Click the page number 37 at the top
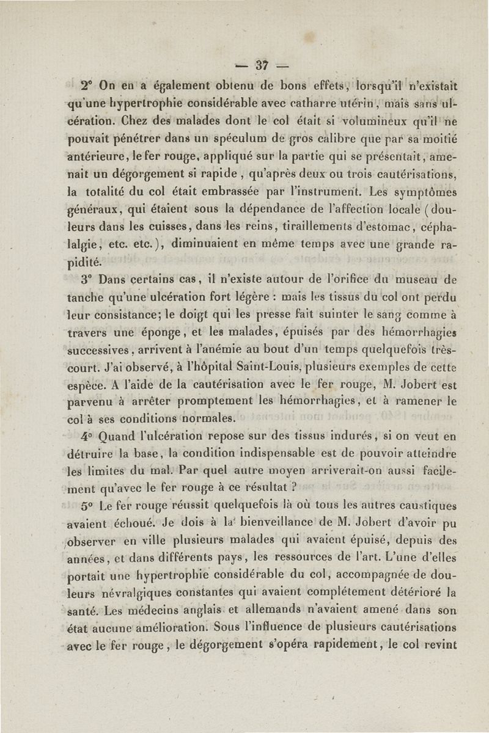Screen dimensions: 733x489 263,64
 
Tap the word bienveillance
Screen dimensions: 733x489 212,523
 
